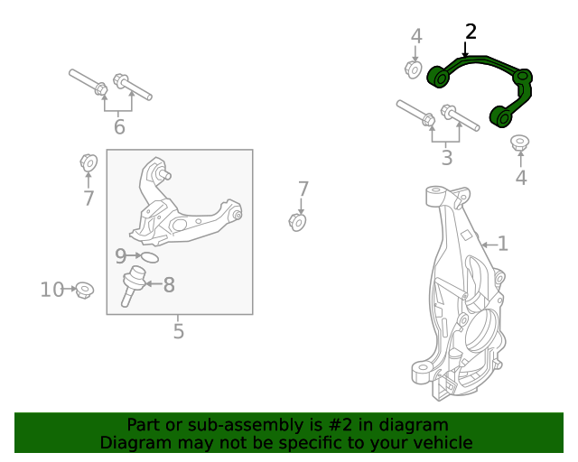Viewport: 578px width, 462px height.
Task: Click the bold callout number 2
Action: coord(471,32)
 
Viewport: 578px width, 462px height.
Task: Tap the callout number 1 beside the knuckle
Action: coord(503,243)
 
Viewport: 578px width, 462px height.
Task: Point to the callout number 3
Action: coord(446,160)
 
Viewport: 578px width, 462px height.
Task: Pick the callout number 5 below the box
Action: coord(179,331)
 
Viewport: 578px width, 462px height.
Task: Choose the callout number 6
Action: coord(119,127)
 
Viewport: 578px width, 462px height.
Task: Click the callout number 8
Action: coord(169,285)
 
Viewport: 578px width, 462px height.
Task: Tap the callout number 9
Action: coord(121,256)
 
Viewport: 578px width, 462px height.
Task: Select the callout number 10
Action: coord(52,290)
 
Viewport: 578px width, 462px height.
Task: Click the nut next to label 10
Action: coord(85,290)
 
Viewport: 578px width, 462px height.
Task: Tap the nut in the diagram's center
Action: coord(298,221)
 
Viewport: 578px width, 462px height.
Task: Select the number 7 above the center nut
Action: coord(303,189)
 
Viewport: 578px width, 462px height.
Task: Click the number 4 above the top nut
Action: coord(416,36)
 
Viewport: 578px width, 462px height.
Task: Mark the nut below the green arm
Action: coord(520,143)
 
